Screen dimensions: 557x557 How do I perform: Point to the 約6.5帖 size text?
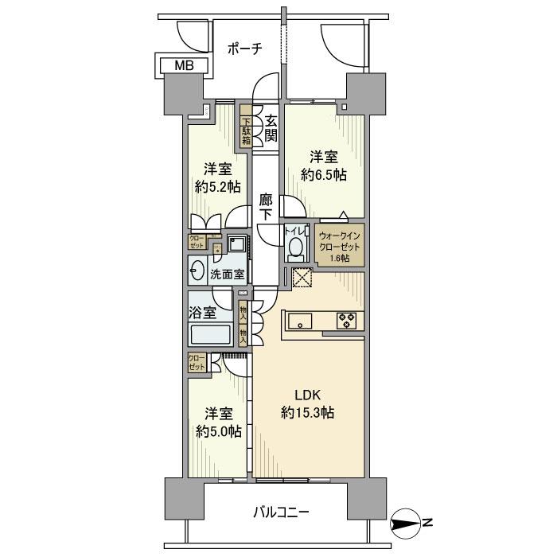[323, 174]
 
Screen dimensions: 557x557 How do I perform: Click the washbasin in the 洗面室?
[198, 273]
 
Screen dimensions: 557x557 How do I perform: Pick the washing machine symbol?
[236, 243]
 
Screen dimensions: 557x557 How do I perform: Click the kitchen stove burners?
[348, 320]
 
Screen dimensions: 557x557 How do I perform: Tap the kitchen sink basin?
[302, 321]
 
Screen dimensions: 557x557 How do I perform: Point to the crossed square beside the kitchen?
[302, 278]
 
